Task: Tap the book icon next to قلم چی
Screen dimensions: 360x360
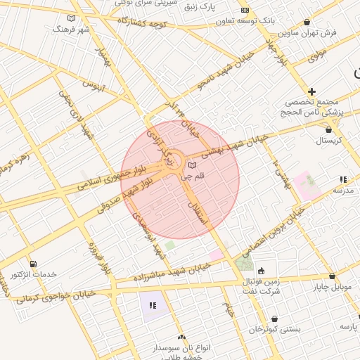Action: click(192, 166)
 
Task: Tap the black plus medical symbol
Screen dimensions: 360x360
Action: click(312, 91)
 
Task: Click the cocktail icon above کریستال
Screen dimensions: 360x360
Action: click(328, 129)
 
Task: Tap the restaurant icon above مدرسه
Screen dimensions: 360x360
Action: click(342, 179)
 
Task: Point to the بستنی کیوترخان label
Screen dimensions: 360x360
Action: click(275, 329)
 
